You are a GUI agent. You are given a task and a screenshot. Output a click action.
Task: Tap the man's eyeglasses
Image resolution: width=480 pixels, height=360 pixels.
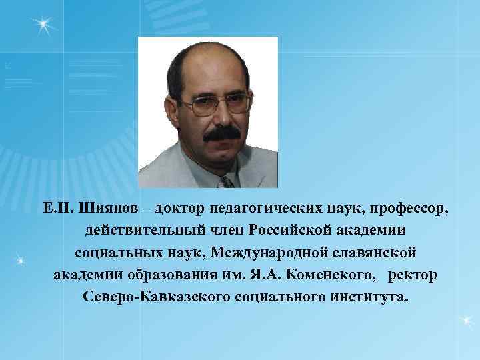215,103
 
